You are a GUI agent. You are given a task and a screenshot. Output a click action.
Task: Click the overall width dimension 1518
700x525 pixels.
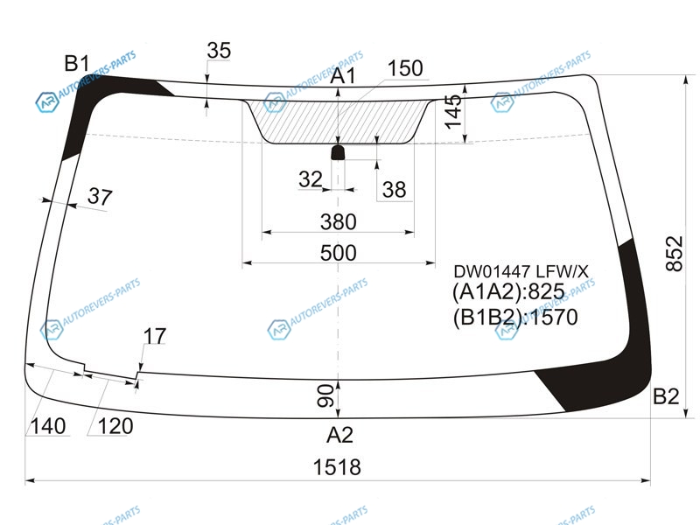337,467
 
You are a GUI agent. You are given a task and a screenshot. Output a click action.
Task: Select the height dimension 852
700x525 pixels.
674,254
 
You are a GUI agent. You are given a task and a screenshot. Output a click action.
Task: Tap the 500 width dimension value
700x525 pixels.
339,253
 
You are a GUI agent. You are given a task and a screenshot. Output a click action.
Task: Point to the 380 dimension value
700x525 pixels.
339,222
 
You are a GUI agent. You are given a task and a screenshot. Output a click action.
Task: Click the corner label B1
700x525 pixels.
77,63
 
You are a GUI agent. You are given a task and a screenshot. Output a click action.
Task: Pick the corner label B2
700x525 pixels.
666,396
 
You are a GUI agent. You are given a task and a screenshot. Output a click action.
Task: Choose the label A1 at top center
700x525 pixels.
343,76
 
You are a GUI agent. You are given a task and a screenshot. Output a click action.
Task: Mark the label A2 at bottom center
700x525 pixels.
339,435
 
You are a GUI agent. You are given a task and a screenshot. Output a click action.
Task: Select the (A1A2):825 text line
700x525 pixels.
508,291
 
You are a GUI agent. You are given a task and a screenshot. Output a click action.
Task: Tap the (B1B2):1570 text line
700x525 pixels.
515,317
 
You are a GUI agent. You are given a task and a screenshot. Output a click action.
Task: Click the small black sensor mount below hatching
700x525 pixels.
338,152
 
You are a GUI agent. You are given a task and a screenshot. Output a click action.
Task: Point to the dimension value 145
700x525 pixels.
453,112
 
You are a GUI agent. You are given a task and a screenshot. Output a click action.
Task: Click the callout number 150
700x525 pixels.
405,68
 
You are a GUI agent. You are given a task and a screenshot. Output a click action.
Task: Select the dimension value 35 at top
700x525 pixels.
219,50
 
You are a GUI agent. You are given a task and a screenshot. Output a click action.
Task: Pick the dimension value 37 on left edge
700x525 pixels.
100,196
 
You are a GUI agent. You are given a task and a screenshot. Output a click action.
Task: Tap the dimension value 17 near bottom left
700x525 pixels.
155,336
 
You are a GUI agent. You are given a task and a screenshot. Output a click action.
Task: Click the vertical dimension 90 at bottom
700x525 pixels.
325,396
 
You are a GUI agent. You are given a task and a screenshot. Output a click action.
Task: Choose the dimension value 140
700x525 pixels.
48,426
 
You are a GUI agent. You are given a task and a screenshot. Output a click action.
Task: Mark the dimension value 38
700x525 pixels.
395,190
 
